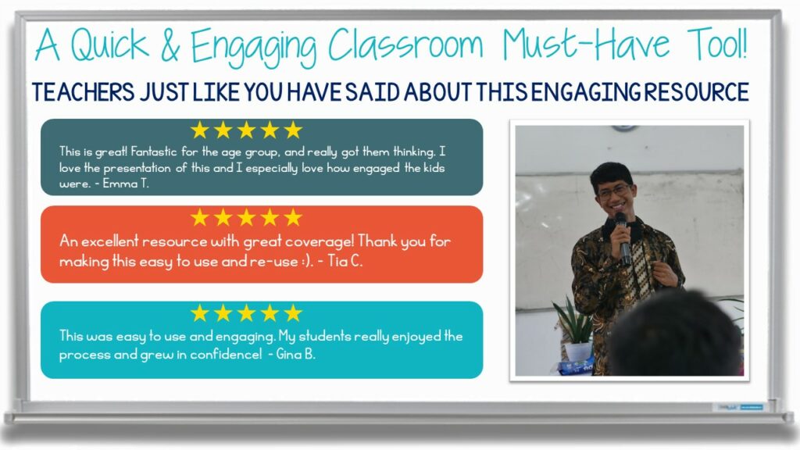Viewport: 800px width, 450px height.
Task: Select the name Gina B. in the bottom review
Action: click(x=301, y=355)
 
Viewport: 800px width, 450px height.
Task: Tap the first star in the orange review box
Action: click(x=201, y=217)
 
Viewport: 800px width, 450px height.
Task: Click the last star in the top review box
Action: click(x=293, y=130)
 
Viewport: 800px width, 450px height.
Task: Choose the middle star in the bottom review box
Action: click(x=247, y=313)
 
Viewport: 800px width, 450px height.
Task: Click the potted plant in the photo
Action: click(x=576, y=328)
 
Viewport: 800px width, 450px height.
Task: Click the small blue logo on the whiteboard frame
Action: click(x=751, y=407)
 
